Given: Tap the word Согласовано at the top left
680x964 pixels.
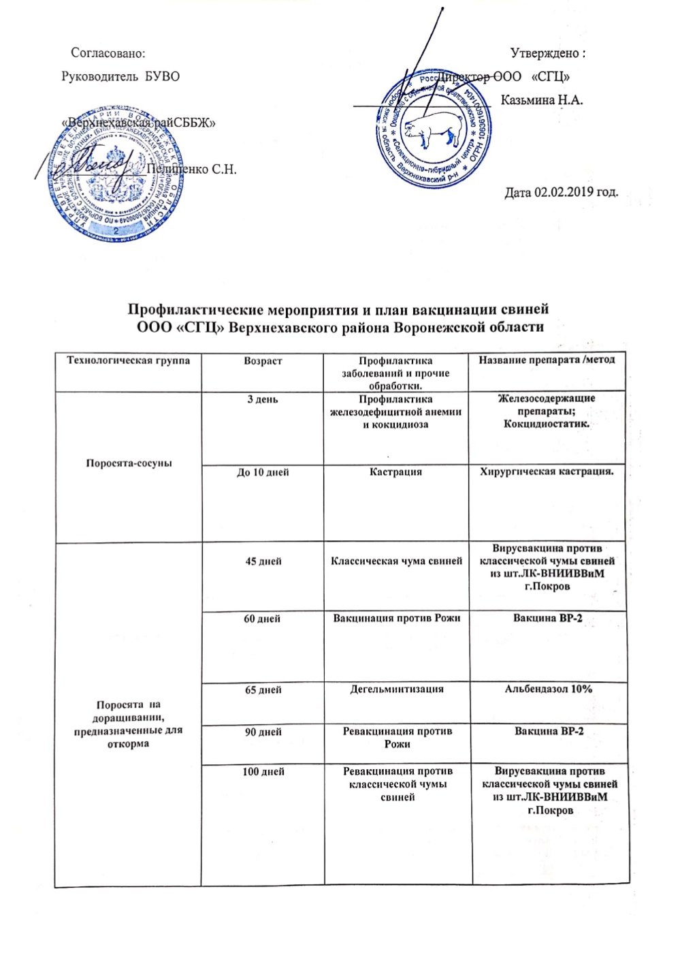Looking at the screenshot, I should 108,52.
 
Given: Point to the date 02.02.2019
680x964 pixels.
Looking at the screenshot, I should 560,193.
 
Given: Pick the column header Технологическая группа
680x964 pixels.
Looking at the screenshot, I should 127,360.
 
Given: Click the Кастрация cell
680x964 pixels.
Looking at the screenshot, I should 398,471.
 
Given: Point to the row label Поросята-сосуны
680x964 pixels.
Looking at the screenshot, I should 127,463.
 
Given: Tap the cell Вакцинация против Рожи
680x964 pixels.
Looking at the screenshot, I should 397,618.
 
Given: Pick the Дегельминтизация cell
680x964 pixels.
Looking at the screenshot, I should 397,689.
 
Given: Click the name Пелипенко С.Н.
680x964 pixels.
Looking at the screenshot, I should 192,170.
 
